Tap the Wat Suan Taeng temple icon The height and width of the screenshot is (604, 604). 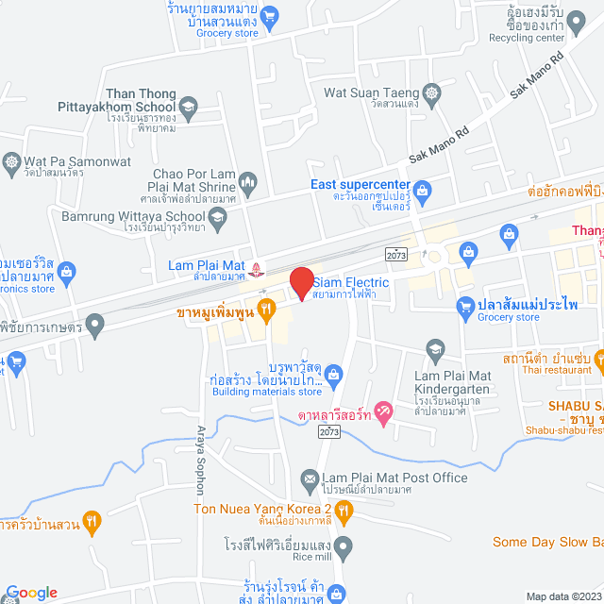click(433, 92)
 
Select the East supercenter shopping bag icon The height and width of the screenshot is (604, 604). click(421, 193)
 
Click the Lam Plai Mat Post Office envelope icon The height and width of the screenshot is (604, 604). click(309, 478)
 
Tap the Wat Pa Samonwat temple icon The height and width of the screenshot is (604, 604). click(11, 161)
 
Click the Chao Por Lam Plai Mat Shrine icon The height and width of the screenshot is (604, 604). click(248, 180)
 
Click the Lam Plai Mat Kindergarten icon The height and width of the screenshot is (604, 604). click(434, 348)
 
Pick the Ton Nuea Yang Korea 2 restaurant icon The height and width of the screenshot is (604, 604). click(344, 511)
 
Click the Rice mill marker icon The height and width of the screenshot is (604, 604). click(344, 545)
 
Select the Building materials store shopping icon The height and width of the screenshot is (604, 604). click(333, 376)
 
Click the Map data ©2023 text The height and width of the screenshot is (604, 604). click(562, 596)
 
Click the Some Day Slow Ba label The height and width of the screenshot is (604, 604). click(547, 542)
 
